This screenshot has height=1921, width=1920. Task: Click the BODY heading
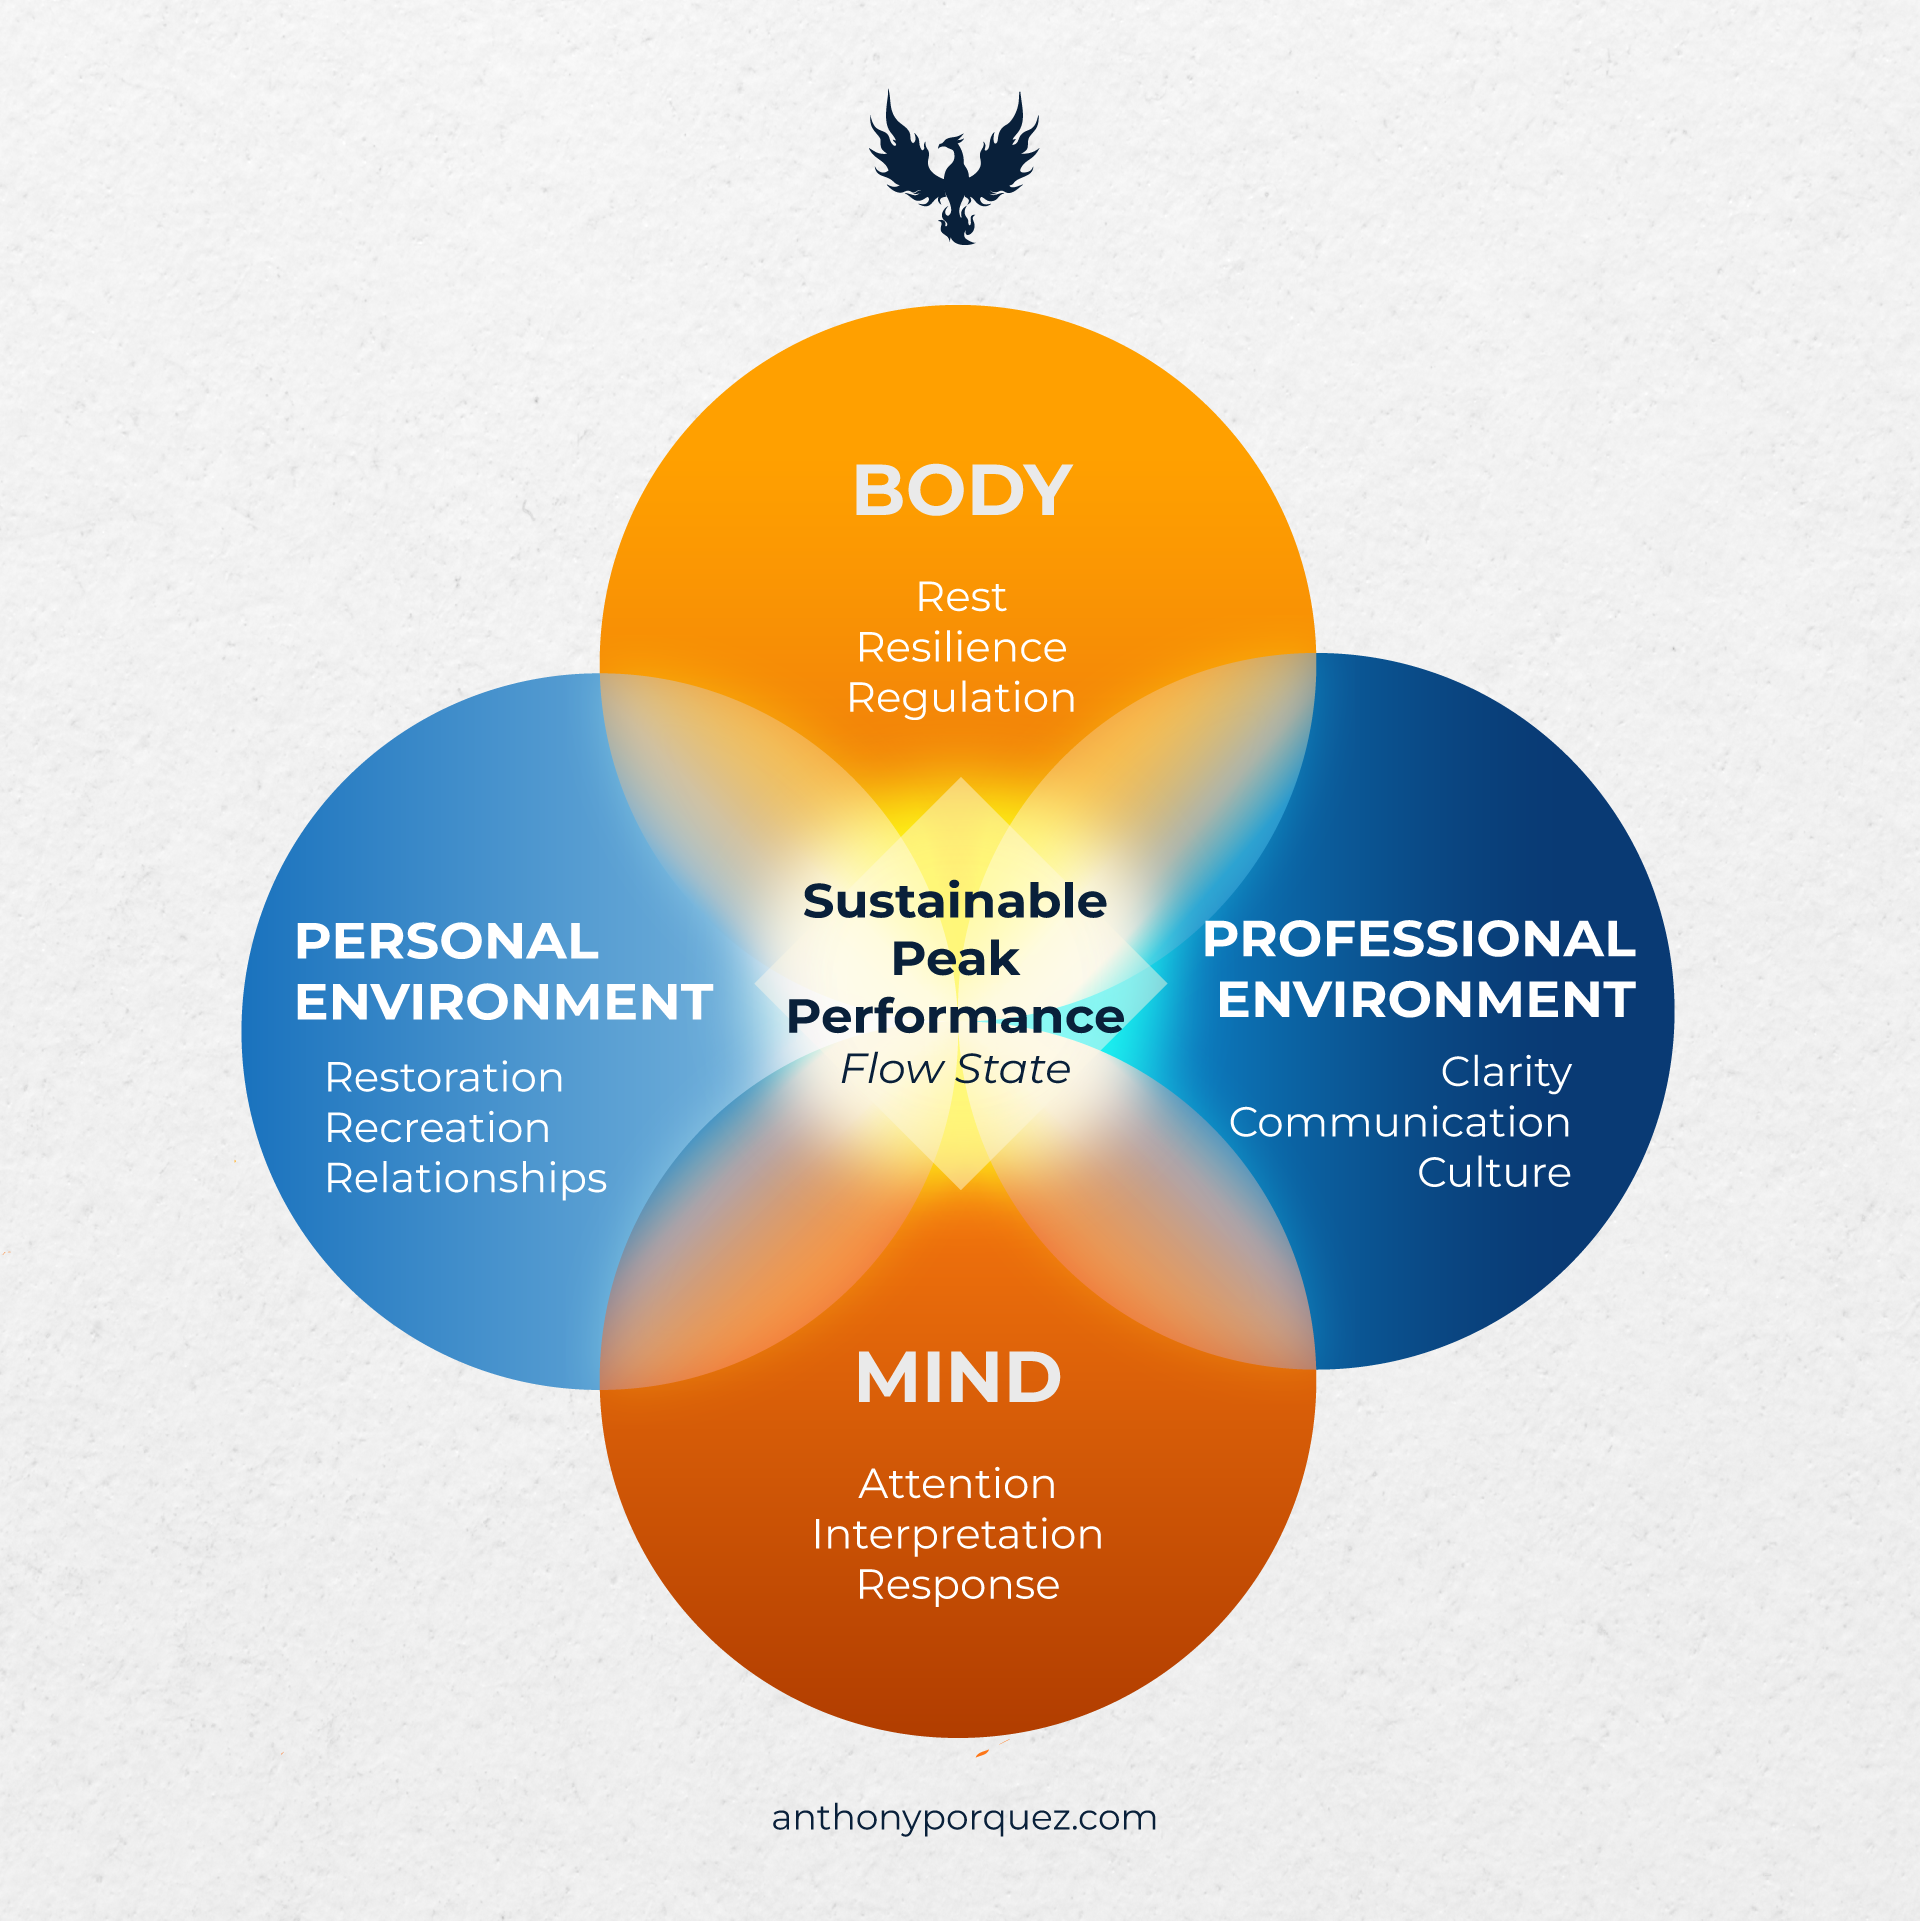pos(962,491)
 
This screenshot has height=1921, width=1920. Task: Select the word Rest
pos(961,597)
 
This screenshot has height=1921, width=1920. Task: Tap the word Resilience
pos(961,648)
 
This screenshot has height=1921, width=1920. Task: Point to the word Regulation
pos(961,698)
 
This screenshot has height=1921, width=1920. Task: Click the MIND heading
pos(958,1378)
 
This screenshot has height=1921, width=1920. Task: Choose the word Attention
pos(957,1484)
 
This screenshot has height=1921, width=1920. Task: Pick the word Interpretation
pos(957,1535)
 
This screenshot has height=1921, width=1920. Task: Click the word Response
pos(958,1585)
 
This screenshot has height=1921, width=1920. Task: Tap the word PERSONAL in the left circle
pos(447,942)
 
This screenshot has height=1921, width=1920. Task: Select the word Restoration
pos(444,1078)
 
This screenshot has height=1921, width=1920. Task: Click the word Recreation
pos(437,1128)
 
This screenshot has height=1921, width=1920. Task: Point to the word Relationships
pos(466,1179)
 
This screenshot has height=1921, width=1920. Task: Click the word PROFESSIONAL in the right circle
pos(1419,939)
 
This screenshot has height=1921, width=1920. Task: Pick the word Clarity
pos(1506,1073)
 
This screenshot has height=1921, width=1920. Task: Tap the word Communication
pos(1399,1123)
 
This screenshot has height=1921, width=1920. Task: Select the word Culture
pos(1494,1173)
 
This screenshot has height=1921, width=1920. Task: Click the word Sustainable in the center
pos(955,902)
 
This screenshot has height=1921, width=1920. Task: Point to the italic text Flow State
pos(955,1069)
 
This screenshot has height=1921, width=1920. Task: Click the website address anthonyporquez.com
pos(964,1818)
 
